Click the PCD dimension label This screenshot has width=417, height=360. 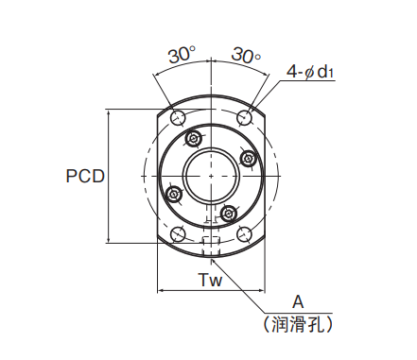pos(85,176)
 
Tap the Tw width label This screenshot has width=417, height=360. pos(210,280)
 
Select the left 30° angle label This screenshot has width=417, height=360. pos(182,55)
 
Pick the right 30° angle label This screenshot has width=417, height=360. pos(246,55)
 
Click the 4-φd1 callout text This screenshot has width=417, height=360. pos(310,72)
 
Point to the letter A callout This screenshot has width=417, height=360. pos(298,302)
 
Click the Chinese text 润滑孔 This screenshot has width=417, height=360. pos(298,324)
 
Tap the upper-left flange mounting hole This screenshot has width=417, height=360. pos(178,118)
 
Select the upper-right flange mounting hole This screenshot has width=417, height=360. pos(244,117)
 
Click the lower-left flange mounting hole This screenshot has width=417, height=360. pos(178,234)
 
